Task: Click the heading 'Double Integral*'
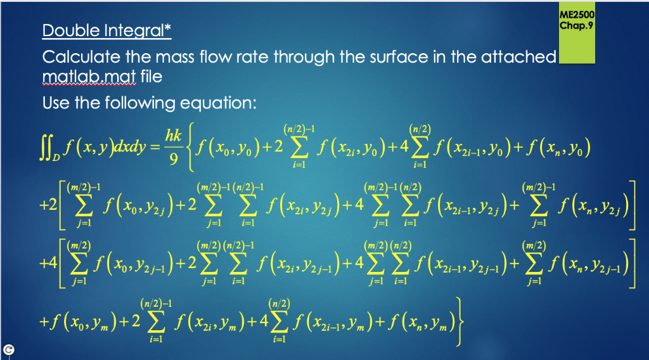coord(106,30)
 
